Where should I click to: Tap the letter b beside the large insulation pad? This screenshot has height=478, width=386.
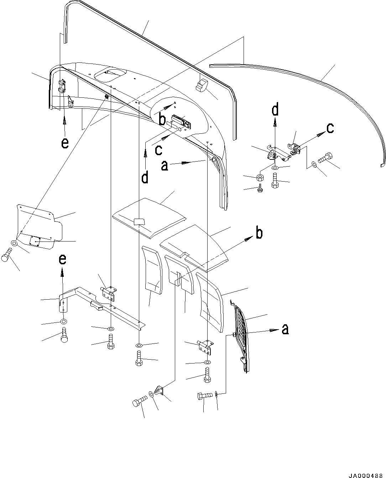(260, 233)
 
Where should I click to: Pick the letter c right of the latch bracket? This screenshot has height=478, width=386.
(330, 128)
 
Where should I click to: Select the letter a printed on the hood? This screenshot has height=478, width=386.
(165, 166)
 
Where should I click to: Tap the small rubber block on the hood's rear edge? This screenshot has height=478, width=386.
(201, 86)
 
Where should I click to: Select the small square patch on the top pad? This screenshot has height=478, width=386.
(139, 222)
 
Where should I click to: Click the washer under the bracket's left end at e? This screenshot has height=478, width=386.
(63, 322)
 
